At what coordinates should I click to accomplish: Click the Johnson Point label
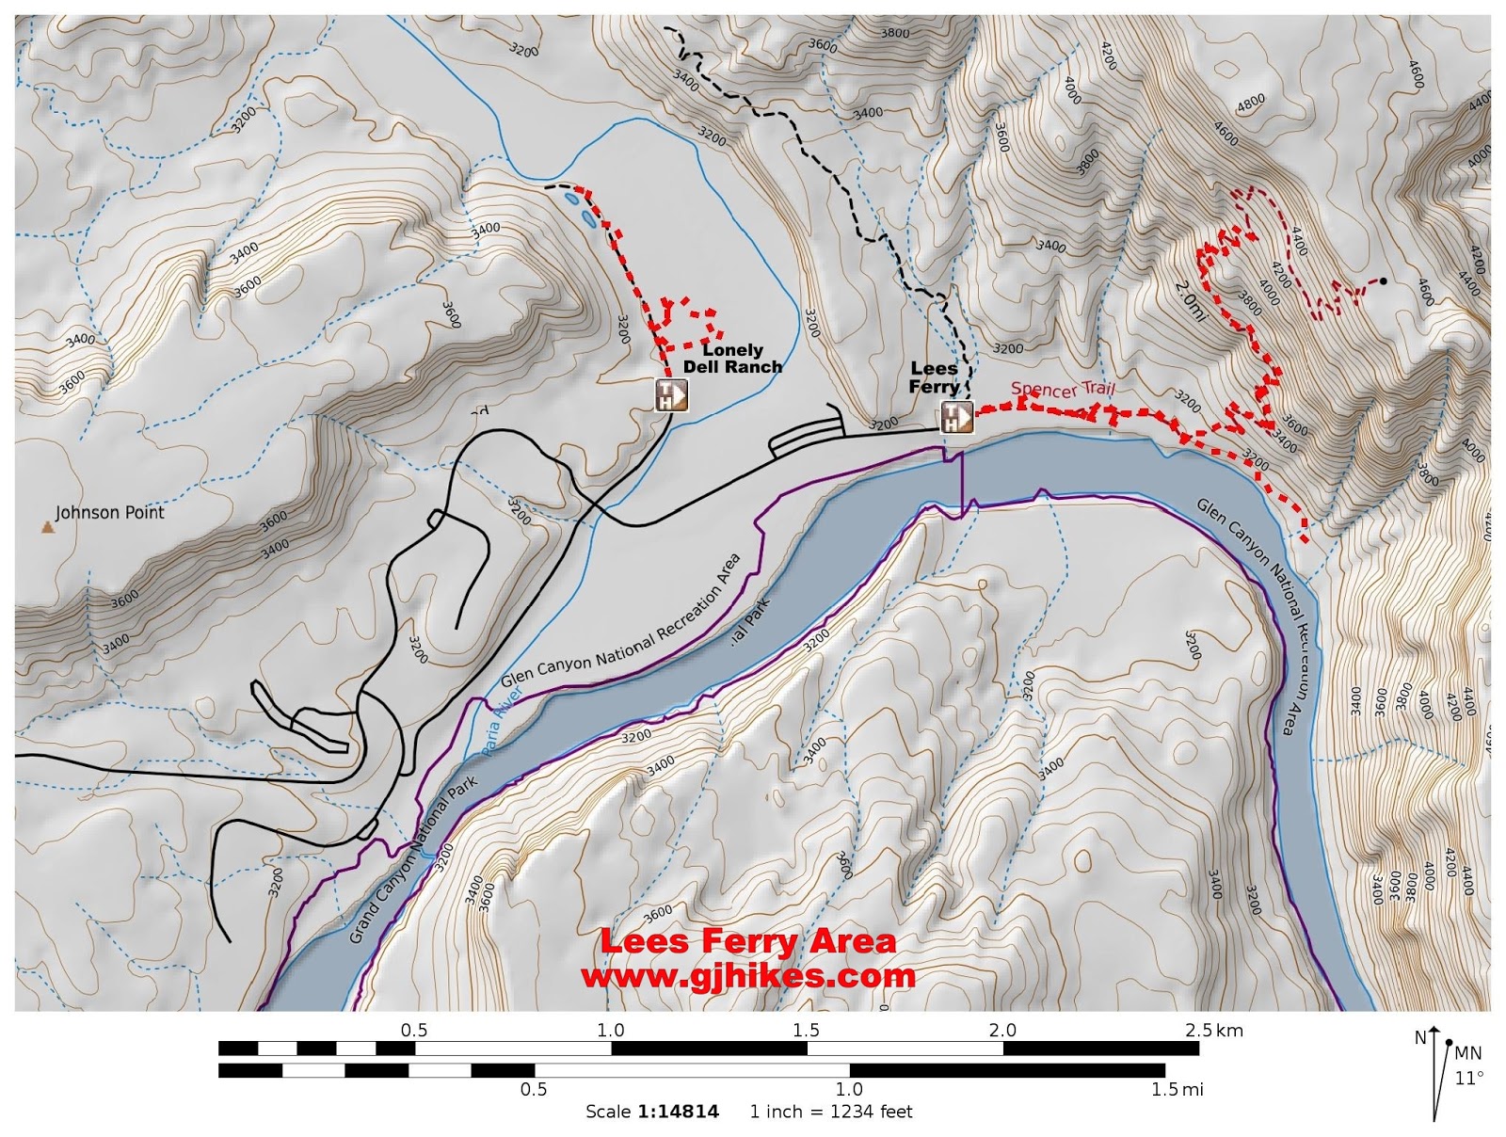(109, 513)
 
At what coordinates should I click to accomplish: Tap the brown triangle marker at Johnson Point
(47, 528)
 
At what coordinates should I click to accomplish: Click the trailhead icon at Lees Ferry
(956, 416)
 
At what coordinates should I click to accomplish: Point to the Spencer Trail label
(1063, 389)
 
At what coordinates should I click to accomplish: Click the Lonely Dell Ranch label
(732, 359)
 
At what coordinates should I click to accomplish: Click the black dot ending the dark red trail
(1383, 280)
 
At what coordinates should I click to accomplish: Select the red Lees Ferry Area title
(748, 941)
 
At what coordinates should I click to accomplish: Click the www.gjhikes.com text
(748, 976)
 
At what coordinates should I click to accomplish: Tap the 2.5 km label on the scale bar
(1213, 1030)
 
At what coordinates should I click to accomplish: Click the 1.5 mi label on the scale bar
(1177, 1090)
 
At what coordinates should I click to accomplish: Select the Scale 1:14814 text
(651, 1112)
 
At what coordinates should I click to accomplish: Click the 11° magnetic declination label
(1468, 1078)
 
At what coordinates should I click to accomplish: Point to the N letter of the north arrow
(1419, 1037)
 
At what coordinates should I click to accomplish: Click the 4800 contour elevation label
(1251, 104)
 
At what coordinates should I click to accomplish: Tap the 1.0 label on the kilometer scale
(610, 1030)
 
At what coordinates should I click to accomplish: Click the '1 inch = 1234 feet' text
(830, 1112)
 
